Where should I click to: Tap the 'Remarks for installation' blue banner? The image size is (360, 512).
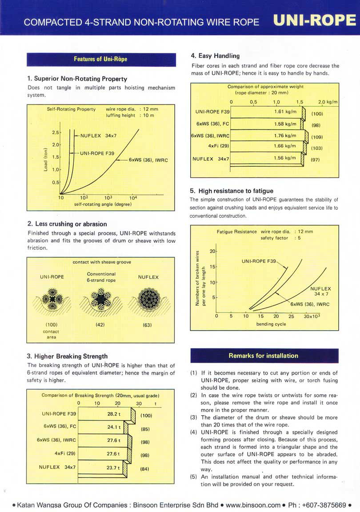pos(264,356)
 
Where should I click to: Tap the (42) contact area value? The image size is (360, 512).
pos(100,325)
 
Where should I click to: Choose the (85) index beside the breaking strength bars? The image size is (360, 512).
pos(144,429)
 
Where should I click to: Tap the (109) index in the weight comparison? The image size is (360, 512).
pos(317,137)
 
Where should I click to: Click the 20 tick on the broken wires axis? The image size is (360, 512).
pos(212,252)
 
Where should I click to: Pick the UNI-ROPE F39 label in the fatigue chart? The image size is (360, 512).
pos(259,261)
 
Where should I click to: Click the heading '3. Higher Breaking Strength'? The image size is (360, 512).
pos(67,356)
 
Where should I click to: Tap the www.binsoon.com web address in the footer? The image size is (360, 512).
pos(253,505)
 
